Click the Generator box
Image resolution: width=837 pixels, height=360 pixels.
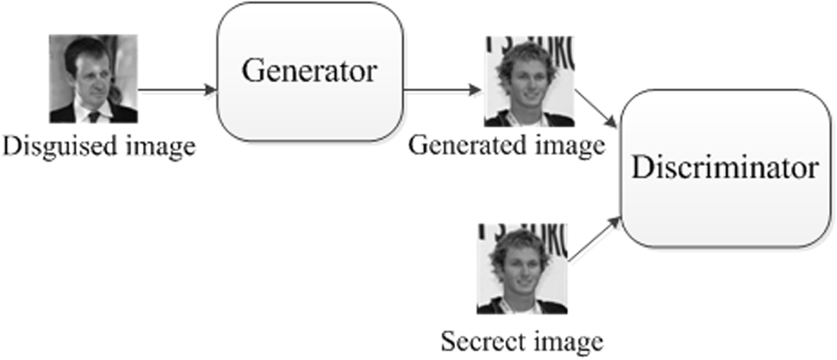[x=310, y=71]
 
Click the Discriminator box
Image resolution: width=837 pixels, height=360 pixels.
[x=725, y=168]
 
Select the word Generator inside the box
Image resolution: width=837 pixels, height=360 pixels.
[x=310, y=72]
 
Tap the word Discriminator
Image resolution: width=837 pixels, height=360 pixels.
[x=725, y=169]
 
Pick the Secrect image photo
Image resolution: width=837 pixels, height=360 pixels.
[x=522, y=269]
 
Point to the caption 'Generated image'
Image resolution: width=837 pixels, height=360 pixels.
[x=506, y=146]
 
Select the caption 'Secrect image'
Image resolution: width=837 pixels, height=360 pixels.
[x=522, y=341]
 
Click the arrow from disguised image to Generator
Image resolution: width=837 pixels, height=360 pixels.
[x=176, y=90]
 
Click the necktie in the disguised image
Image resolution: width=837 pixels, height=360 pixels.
[x=93, y=116]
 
